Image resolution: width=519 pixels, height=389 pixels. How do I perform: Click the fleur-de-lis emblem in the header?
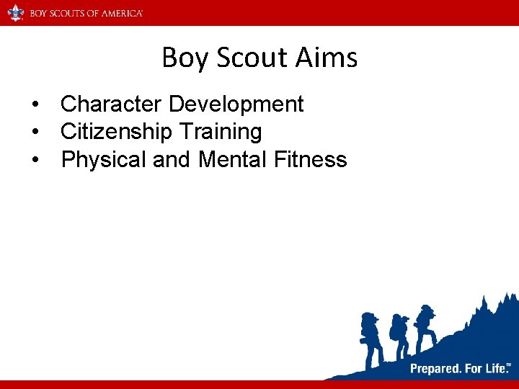[15, 13]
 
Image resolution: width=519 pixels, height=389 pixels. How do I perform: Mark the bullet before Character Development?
[35, 105]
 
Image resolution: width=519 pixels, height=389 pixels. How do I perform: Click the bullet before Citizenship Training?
[35, 133]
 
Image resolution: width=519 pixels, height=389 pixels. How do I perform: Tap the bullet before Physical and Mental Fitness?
[35, 160]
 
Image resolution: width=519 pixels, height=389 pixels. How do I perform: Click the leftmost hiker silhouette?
[371, 339]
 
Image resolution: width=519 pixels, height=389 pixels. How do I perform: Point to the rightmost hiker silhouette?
[425, 327]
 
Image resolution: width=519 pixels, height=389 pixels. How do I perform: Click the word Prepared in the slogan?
[435, 369]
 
